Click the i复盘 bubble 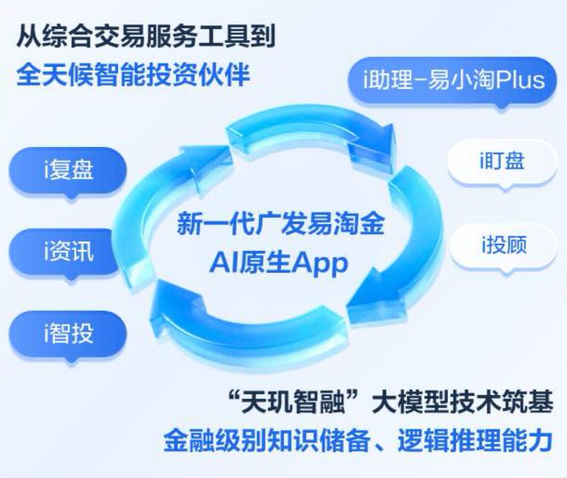pos(68,170)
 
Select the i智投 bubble pos(68,333)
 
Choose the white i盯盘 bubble pos(502,161)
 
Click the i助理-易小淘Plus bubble pos(453,79)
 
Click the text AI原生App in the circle pos(279,264)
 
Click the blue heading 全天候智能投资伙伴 pos(133,75)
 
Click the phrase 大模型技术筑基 pos(464,401)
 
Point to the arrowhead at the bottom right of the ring pos(373,305)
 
